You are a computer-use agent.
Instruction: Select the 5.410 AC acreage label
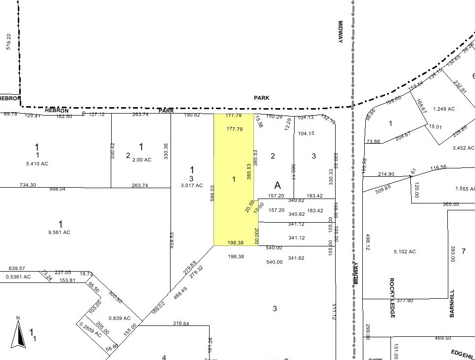pyautogui.click(x=37, y=163)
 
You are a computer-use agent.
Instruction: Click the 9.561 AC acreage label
pyautogui.click(x=60, y=232)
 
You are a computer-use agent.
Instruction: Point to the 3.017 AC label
pyautogui.click(x=192, y=186)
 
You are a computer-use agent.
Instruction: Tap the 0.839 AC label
pyautogui.click(x=120, y=319)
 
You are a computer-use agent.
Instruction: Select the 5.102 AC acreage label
pyautogui.click(x=405, y=251)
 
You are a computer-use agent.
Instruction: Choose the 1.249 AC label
pyautogui.click(x=443, y=109)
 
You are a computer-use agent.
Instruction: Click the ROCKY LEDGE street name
pyautogui.click(x=392, y=297)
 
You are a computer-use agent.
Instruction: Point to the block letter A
pyautogui.click(x=278, y=185)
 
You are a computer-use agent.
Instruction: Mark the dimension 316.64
pyautogui.click(x=181, y=324)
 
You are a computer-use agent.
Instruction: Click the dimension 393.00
pyautogui.click(x=452, y=255)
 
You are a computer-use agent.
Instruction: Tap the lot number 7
pyautogui.click(x=464, y=251)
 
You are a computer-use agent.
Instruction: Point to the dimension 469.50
pyautogui.click(x=442, y=338)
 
